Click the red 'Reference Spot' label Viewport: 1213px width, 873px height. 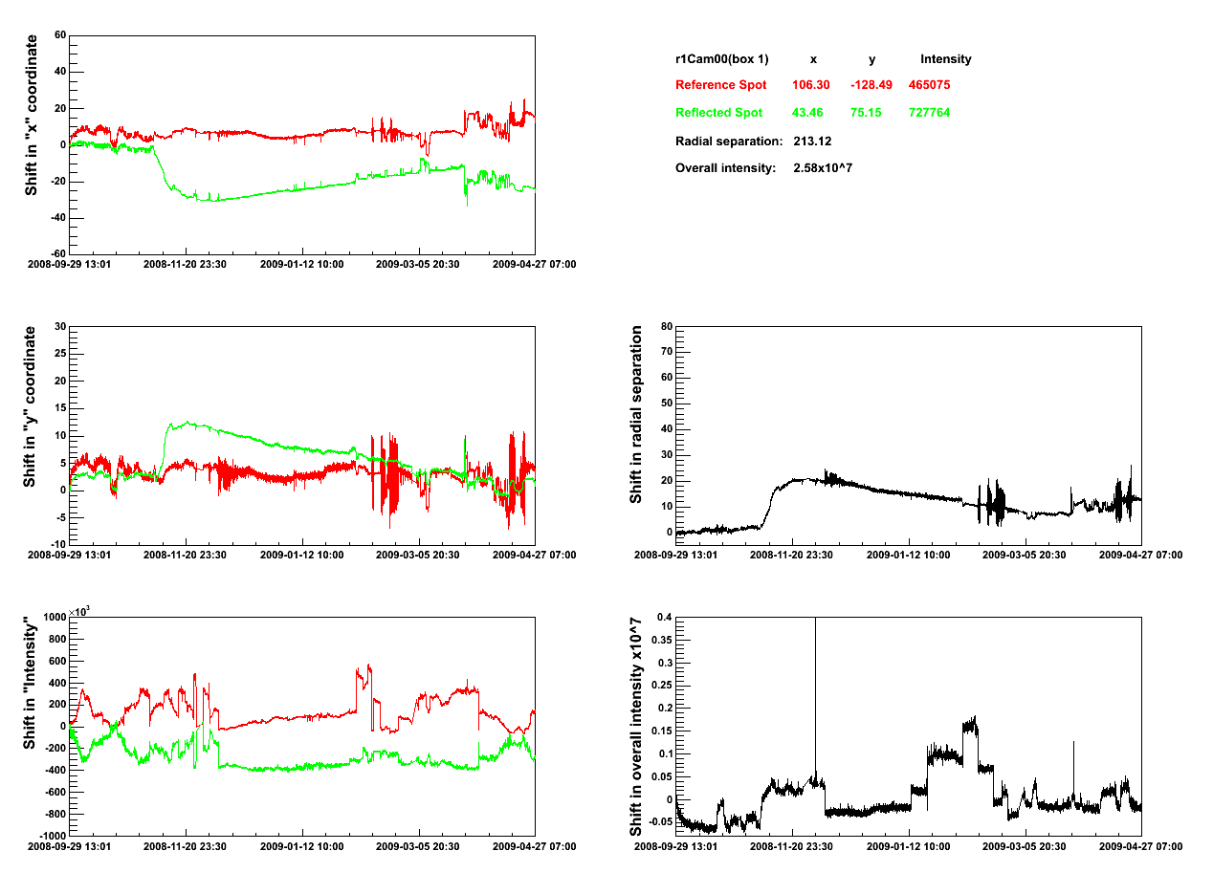coord(720,85)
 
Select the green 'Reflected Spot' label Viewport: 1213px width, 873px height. coord(718,113)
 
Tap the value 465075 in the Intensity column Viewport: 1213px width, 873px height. coord(929,85)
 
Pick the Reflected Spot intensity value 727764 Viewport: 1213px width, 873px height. coord(929,113)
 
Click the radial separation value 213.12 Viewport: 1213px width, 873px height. coord(812,142)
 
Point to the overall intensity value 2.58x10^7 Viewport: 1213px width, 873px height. coord(823,168)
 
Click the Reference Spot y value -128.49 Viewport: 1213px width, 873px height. coord(871,85)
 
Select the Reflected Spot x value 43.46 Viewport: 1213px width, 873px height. coord(810,113)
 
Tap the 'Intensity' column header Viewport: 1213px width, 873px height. coord(945,59)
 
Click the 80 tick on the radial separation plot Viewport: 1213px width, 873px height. coord(666,327)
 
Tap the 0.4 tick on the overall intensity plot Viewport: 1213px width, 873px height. coord(662,618)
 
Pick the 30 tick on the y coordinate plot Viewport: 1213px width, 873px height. coord(58,327)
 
